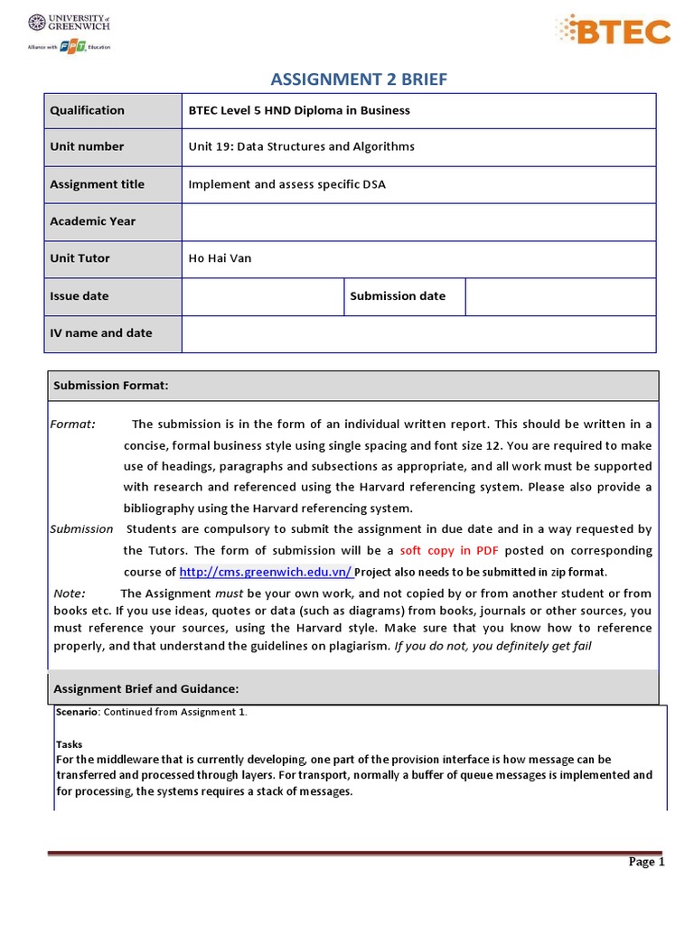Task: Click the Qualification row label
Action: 87,110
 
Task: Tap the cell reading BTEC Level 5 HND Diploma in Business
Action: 299,110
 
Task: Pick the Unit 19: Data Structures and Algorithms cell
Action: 301,146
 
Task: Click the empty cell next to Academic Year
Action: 418,221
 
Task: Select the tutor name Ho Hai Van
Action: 220,258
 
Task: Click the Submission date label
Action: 398,295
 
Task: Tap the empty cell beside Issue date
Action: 262,296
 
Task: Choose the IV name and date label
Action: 100,332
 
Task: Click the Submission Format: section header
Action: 111,386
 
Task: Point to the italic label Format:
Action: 72,425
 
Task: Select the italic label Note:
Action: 70,593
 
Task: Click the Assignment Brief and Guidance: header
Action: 145,689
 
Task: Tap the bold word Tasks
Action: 70,744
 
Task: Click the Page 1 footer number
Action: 646,862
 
